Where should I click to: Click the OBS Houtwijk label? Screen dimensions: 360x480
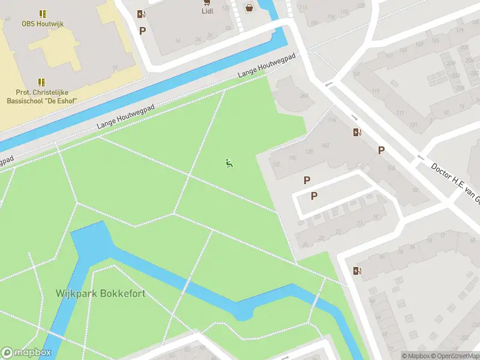[42, 24]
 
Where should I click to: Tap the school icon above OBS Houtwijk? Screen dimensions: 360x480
[42, 13]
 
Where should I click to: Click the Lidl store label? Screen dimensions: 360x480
[208, 10]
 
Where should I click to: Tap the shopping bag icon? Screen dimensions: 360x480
[248, 8]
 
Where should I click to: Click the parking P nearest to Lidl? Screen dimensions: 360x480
[142, 31]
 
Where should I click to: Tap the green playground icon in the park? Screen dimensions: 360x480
[229, 163]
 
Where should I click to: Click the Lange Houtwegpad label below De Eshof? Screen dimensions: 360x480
[126, 116]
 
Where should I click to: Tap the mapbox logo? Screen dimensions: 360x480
[26, 353]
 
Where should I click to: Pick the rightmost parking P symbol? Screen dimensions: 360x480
[380, 150]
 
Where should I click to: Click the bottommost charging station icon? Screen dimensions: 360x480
[358, 271]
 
